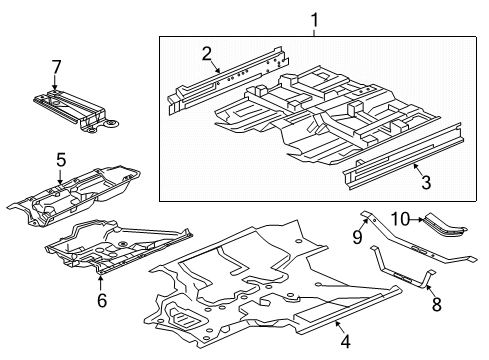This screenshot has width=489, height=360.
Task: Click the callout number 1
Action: (314, 20)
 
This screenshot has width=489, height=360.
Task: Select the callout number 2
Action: (207, 54)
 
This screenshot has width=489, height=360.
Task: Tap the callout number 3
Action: (426, 182)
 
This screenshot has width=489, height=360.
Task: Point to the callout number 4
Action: (345, 342)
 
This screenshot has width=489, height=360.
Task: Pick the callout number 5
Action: (61, 160)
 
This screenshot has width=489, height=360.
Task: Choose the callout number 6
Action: (102, 300)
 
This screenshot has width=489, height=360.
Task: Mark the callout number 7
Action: (56, 67)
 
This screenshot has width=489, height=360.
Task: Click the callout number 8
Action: (437, 304)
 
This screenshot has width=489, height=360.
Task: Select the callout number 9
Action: (357, 237)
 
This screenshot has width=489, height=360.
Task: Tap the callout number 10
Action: (400, 219)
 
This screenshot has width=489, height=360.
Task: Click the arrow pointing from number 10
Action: (417, 219)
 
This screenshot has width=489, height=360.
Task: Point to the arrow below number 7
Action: (55, 83)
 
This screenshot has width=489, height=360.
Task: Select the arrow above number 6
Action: (100, 282)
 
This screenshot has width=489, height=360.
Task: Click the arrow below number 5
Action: (60, 177)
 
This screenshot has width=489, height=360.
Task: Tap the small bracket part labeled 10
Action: (445, 224)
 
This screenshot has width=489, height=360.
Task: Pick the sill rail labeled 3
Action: (403, 156)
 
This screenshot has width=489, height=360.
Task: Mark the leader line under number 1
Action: (314, 33)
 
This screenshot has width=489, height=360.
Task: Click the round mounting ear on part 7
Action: (111, 124)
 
